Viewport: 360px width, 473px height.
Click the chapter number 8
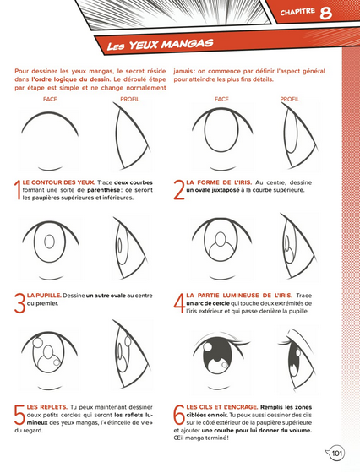point(325,14)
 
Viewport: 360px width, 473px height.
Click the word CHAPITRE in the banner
point(297,12)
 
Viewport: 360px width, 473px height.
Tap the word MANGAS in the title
point(187,44)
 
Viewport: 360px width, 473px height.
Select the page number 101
point(337,454)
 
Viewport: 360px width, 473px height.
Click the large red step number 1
point(18,190)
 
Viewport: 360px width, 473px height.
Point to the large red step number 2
point(179,190)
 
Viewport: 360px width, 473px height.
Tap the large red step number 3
point(20,303)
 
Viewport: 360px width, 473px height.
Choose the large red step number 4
point(179,303)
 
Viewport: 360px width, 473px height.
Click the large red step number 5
point(20,415)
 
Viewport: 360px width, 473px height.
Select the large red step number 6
point(179,415)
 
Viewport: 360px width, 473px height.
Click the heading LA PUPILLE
point(44,296)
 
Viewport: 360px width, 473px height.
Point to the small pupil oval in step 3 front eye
point(49,242)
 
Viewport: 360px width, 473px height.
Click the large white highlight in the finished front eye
point(209,347)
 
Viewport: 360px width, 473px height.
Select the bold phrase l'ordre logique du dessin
point(70,79)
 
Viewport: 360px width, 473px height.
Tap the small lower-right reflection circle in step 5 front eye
point(57,362)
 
